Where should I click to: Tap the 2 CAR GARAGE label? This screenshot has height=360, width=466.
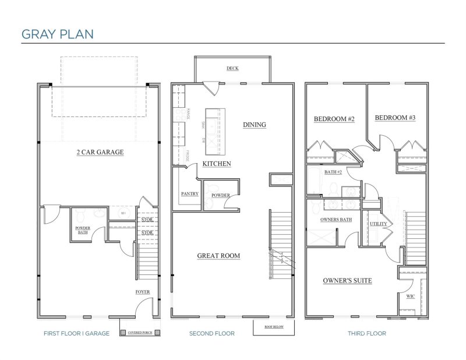(101, 153)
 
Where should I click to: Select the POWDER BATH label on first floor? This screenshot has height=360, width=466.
(83, 230)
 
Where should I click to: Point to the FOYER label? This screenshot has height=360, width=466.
(143, 292)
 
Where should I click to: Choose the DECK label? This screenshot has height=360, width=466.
(232, 68)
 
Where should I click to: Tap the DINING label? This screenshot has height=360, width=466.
(254, 125)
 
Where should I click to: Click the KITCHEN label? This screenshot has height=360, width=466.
(217, 164)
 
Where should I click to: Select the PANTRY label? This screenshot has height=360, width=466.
(189, 194)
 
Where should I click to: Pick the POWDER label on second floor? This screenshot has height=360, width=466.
(220, 195)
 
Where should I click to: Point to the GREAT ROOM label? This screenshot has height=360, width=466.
(218, 256)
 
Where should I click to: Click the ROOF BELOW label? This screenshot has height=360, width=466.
(273, 327)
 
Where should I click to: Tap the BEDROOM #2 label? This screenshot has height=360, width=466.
(334, 119)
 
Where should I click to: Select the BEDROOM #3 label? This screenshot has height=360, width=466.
(395, 118)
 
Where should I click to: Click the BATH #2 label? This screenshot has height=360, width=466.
(332, 172)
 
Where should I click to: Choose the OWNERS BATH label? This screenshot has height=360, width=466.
(336, 220)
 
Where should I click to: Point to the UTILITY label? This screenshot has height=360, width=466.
(377, 224)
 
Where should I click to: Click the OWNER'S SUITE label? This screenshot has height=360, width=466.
(347, 281)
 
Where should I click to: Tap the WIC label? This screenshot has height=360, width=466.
(410, 297)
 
